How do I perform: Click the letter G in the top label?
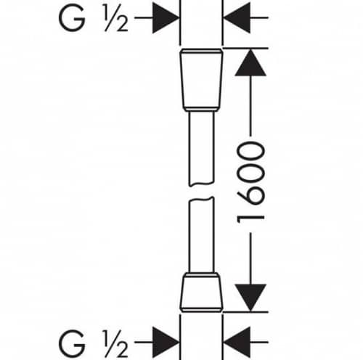pos(72,17)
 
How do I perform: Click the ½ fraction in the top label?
pos(116,17)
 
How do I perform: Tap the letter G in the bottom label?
pos(72,343)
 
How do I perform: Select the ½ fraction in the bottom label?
pos(116,343)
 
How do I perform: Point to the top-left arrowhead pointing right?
pos(166,17)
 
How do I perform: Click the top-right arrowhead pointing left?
pos(237,17)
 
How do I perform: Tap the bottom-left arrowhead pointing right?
pos(166,343)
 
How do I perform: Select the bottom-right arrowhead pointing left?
pos(237,343)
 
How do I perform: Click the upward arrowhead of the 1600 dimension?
pos(250,62)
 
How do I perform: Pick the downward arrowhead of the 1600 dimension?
pos(250,298)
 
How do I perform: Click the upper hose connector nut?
pos(201,80)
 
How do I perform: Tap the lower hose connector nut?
pos(201,292)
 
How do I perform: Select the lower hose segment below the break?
pos(201,234)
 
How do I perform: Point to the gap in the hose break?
pos(201,192)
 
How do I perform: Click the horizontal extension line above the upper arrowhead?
pos(245,49)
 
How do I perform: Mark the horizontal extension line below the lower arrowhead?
pos(245,312)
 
